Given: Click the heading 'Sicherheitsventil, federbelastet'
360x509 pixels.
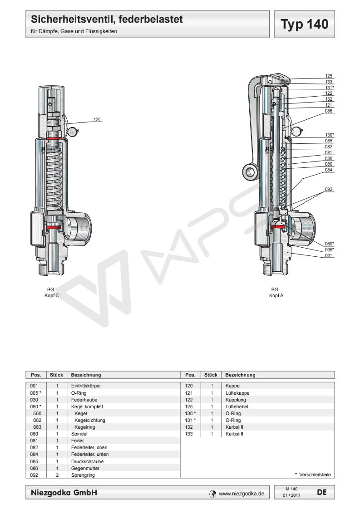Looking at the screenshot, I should click(107, 20).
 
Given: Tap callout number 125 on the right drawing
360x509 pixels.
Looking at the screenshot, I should click(329, 76).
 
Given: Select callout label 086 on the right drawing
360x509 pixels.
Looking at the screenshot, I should click(329, 111).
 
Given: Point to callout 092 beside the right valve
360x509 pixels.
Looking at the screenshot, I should click(329, 189).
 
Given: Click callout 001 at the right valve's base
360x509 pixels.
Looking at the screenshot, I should click(329, 255).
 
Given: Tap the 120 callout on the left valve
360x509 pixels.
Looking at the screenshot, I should click(97, 120).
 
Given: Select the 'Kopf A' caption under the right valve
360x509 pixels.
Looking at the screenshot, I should click(276, 295).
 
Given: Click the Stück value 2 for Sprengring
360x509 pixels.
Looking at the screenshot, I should click(57, 475).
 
